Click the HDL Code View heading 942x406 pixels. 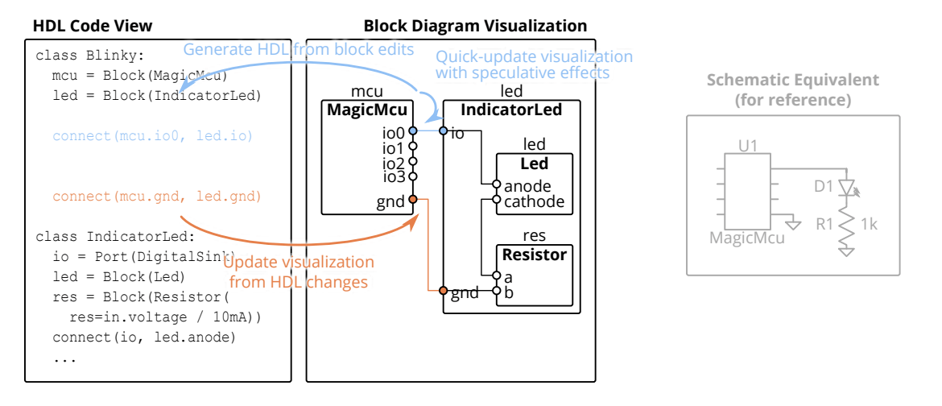(92, 26)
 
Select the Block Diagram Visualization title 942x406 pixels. (475, 26)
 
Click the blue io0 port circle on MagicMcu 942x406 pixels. (413, 130)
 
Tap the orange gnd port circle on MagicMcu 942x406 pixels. (413, 199)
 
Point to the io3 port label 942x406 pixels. (395, 176)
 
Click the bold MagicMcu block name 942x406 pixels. (367, 110)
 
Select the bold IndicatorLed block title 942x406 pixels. (510, 110)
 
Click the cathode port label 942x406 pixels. (534, 201)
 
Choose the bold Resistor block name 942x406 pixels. (535, 255)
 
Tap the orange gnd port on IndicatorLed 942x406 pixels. (443, 291)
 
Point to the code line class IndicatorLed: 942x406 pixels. (115, 237)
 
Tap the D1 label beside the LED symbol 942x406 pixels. (823, 187)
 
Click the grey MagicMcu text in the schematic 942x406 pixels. (747, 238)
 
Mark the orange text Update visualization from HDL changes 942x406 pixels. (298, 272)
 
